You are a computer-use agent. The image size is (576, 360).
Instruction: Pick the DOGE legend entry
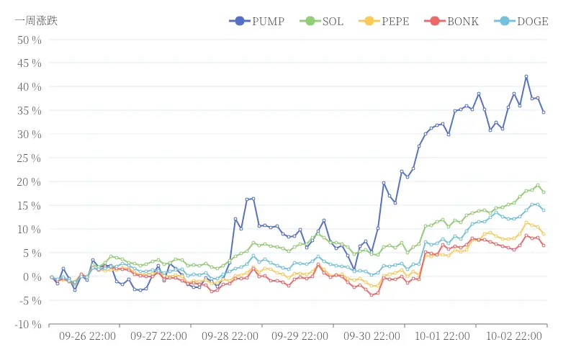[x=522, y=21]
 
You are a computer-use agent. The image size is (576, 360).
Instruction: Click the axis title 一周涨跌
[x=36, y=20]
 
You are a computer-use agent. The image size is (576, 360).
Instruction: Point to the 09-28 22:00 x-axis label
[x=230, y=336]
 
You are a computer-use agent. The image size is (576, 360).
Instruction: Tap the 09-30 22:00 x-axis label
[x=372, y=336]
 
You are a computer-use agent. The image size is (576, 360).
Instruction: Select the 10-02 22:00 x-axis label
[x=514, y=336]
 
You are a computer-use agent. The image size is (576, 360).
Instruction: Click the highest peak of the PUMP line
[x=526, y=76]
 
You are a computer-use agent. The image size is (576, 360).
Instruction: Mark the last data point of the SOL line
[x=544, y=192]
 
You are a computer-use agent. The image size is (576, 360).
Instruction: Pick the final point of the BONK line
[x=544, y=246]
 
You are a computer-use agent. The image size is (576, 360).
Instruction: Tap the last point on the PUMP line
[x=544, y=112]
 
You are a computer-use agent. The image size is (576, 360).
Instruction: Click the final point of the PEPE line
[x=544, y=234]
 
